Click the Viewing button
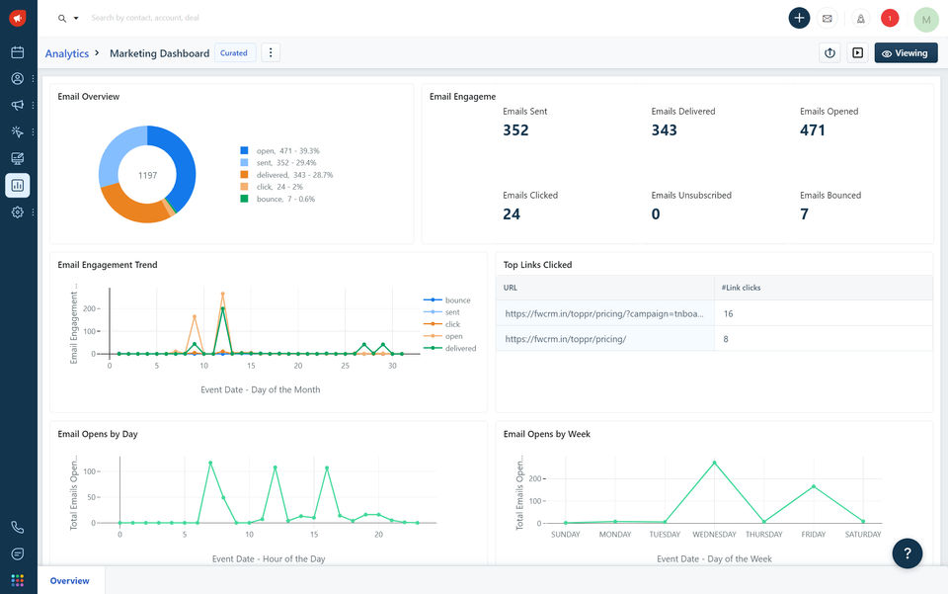pos(906,53)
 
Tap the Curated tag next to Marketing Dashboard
pos(234,53)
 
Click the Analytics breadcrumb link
pos(67,53)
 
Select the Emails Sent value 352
pos(515,130)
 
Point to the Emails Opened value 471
pos(813,130)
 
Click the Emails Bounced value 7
pos(804,214)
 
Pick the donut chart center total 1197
pos(147,175)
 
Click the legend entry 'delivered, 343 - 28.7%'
pos(287,175)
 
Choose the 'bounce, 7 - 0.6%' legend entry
pos(278,199)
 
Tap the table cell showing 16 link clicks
pos(728,314)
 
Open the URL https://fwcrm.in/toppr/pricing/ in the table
pos(565,339)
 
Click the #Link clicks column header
pos(741,288)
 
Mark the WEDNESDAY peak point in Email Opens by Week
pos(714,463)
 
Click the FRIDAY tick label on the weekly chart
pos(813,535)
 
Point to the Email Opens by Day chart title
pos(98,434)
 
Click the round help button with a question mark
pos(907,553)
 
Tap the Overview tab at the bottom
pos(69,581)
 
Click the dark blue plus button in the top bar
pos(799,18)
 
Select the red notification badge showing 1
pos(890,18)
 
